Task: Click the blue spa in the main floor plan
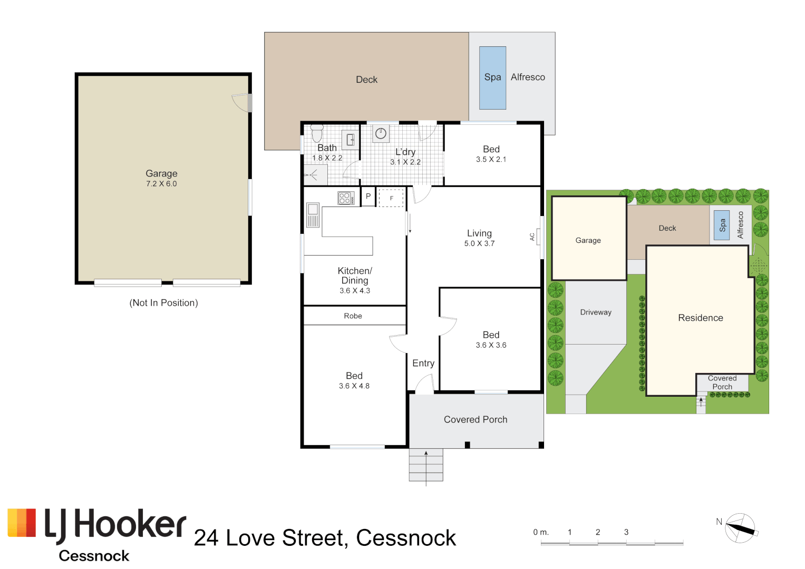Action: click(x=492, y=77)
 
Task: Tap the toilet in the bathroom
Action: click(x=317, y=133)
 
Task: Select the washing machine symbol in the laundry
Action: click(x=381, y=134)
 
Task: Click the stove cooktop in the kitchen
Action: click(x=346, y=198)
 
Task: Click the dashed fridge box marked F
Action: click(x=391, y=198)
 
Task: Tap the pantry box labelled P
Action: click(x=368, y=196)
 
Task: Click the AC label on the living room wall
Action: click(x=532, y=237)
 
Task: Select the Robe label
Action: click(x=353, y=316)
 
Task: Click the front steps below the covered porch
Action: click(x=426, y=465)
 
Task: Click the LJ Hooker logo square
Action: click(x=22, y=523)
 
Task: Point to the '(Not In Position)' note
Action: click(x=163, y=303)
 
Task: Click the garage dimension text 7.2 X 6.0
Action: click(x=161, y=184)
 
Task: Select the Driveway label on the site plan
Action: click(x=596, y=312)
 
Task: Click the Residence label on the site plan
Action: click(x=700, y=318)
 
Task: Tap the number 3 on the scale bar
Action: click(x=626, y=532)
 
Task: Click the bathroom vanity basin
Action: click(x=350, y=140)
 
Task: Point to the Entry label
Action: click(x=423, y=363)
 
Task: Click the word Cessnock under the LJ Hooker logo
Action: click(x=94, y=556)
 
